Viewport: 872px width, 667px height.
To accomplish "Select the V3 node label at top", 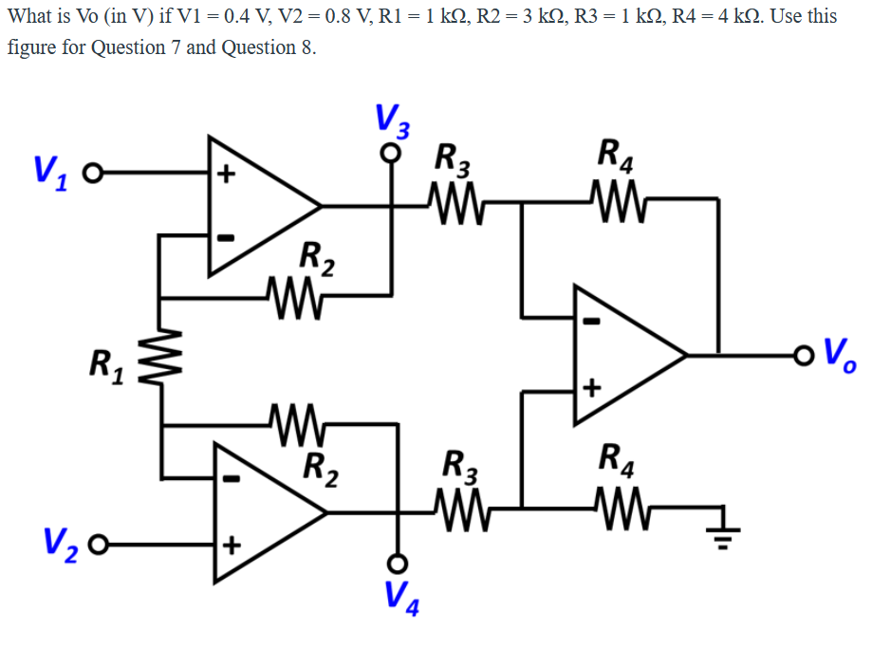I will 391,120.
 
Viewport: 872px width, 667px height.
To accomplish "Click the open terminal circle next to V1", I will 90,175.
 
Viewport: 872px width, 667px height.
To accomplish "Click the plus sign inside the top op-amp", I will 225,176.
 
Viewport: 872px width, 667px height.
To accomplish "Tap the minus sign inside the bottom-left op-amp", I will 228,479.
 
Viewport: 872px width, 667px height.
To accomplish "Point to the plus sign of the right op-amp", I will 592,388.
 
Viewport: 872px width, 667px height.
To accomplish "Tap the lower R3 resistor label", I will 461,468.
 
